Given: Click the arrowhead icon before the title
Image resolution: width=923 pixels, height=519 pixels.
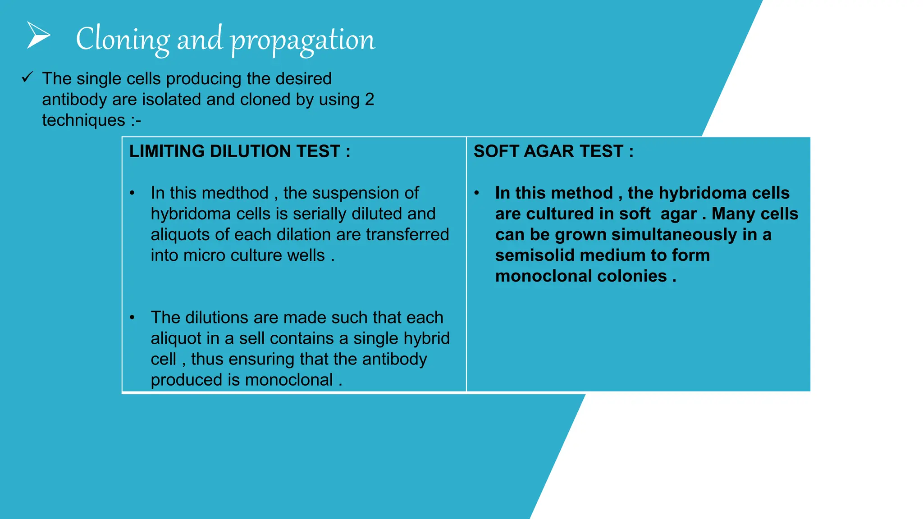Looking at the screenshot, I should (38, 35).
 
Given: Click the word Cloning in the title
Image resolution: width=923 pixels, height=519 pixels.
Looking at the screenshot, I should (122, 39).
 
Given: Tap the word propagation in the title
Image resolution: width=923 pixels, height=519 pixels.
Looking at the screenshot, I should (302, 41).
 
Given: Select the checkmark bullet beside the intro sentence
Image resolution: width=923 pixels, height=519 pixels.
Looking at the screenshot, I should (27, 77).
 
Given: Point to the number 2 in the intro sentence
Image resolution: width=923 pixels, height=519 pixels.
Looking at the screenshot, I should (370, 100).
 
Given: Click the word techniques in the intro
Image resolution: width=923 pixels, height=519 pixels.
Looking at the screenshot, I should (84, 120).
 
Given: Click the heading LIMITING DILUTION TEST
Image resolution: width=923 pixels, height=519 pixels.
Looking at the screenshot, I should (239, 151).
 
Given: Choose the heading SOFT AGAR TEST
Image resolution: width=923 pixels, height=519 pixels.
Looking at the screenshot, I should (553, 151).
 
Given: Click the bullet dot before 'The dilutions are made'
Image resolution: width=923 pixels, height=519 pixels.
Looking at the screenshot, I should (132, 318).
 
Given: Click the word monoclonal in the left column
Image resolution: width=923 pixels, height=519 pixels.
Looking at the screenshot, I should (289, 380).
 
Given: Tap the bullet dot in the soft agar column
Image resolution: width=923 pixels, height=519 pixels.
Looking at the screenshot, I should (476, 193).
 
